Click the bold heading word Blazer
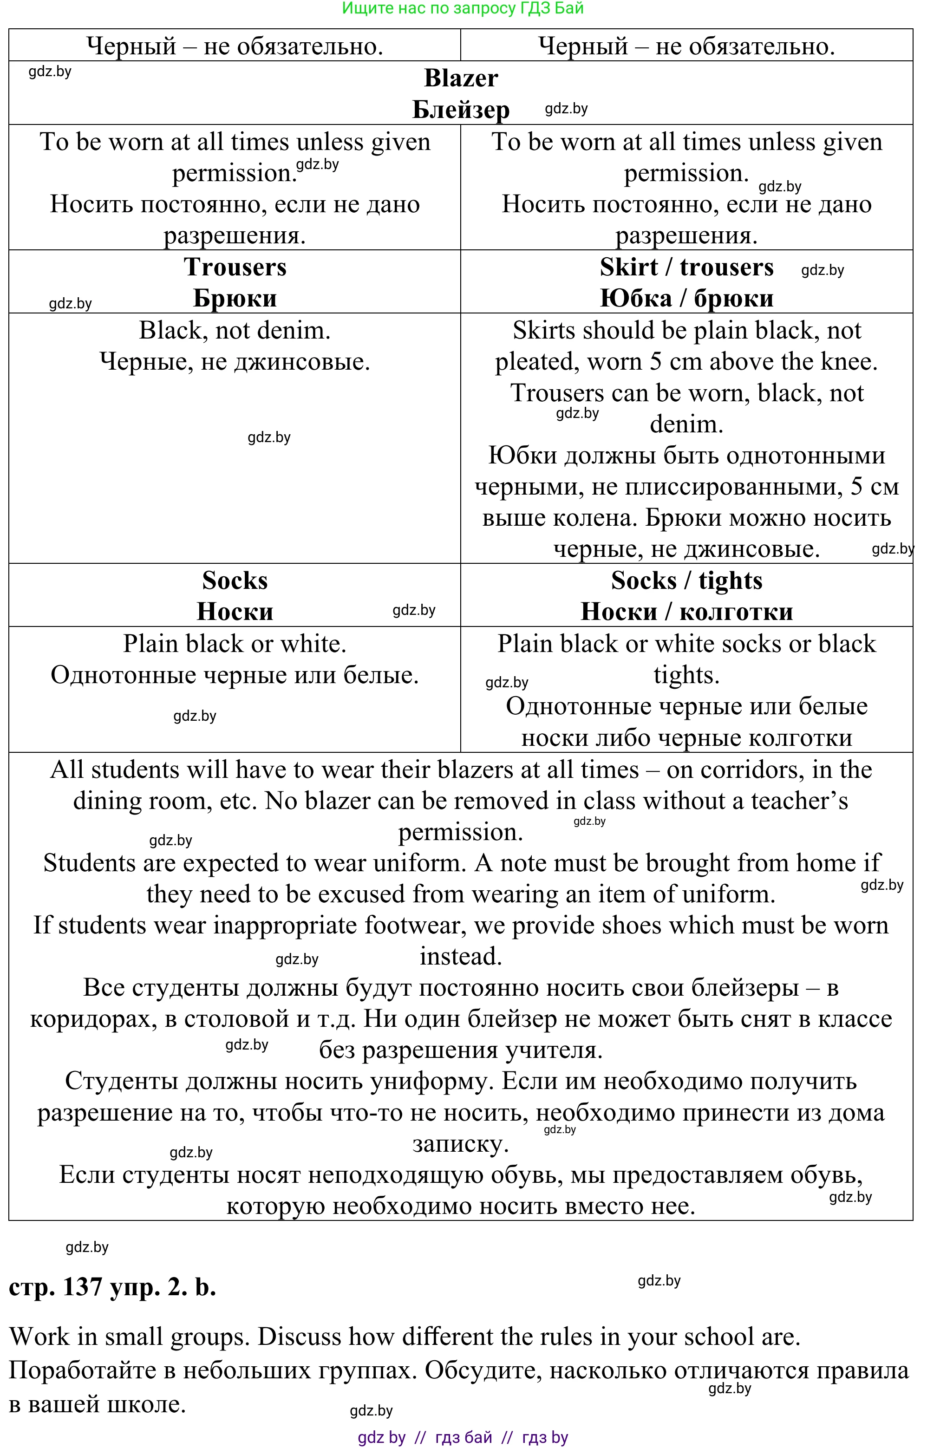click(461, 78)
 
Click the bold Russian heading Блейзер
click(461, 110)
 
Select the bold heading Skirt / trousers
click(686, 267)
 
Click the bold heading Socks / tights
click(686, 581)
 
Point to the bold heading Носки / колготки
click(686, 612)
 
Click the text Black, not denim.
click(235, 330)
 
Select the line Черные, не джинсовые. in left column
click(235, 362)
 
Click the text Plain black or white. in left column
click(235, 644)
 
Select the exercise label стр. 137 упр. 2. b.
click(112, 1287)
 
